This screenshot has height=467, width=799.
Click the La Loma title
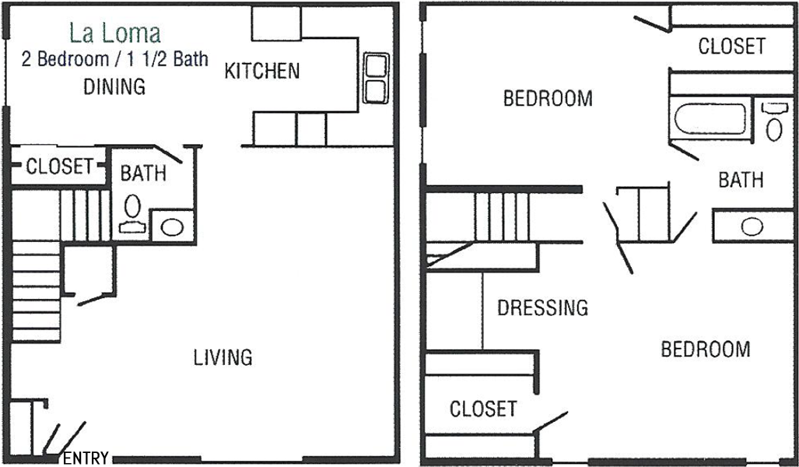coord(115,33)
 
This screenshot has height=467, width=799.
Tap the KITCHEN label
coord(262,71)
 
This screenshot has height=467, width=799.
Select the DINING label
coord(114,86)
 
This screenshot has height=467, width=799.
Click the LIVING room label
coord(223,357)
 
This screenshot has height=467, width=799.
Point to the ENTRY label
coord(86,458)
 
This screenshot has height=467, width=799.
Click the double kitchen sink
coord(376,78)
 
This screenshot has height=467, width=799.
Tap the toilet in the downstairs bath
coord(132,213)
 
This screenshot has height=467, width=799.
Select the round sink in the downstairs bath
coord(172,226)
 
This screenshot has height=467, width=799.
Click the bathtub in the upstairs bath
coord(710,119)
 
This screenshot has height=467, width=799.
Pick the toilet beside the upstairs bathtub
coord(774,121)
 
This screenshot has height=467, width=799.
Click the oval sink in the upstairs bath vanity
coord(752,226)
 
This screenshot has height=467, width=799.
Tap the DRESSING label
coord(543,307)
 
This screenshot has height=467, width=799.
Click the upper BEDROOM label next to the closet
coord(548,98)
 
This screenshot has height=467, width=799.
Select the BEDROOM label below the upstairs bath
coord(706,349)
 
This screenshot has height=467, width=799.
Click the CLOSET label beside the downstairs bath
coord(60,167)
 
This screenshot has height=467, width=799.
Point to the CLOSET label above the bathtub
coord(732,47)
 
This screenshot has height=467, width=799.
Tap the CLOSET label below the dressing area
coord(483,409)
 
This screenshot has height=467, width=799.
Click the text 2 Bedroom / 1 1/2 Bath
coord(114,59)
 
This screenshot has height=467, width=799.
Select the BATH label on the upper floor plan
coord(741,180)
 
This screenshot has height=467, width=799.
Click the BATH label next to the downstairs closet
coord(143,174)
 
